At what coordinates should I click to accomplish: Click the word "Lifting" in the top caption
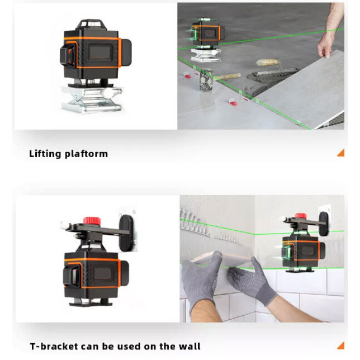pyautogui.click(x=45, y=154)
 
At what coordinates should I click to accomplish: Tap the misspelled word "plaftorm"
pyautogui.click(x=86, y=154)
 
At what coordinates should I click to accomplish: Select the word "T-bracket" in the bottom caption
pyautogui.click(x=54, y=346)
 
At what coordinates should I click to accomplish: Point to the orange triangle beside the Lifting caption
pyautogui.click(x=342, y=153)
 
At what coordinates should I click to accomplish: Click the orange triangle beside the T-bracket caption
pyautogui.click(x=342, y=345)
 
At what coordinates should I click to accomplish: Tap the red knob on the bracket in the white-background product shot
pyautogui.click(x=92, y=221)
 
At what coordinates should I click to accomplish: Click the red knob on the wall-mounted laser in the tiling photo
pyautogui.click(x=301, y=216)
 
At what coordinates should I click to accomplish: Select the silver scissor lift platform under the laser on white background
pyautogui.click(x=91, y=100)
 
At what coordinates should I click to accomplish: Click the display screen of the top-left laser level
pyautogui.click(x=101, y=53)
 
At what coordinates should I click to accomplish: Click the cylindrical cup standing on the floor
pyautogui.click(x=206, y=80)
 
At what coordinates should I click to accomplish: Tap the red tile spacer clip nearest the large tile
pyautogui.click(x=233, y=102)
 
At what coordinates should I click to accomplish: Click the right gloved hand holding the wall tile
pyautogui.click(x=252, y=282)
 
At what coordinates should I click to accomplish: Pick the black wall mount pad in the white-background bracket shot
pyautogui.click(x=126, y=233)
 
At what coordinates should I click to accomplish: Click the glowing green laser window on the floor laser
pyautogui.click(x=195, y=34)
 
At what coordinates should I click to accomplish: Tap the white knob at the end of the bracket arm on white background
pyautogui.click(x=64, y=225)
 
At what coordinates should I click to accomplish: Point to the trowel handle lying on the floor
pyautogui.click(x=228, y=77)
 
